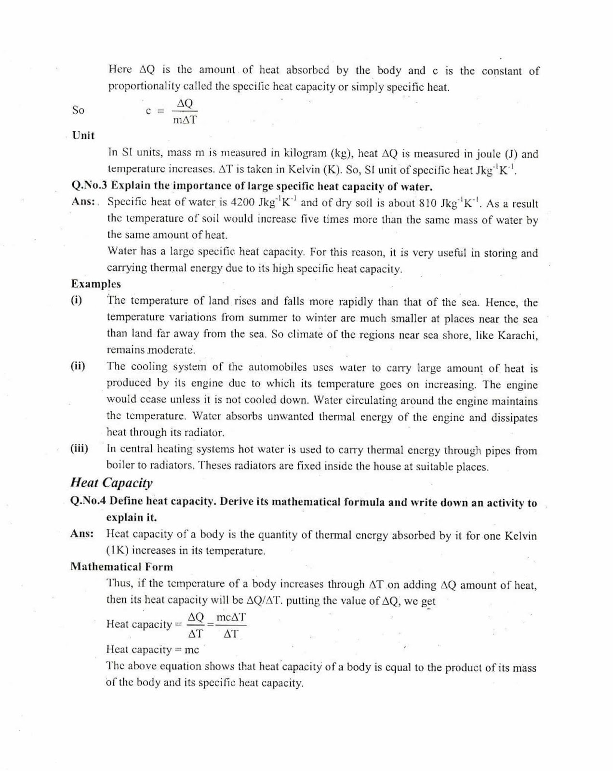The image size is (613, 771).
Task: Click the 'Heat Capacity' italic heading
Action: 111,482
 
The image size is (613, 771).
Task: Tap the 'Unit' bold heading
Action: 83,135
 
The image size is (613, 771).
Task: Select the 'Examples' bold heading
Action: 96,284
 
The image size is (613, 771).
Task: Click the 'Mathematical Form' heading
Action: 121,567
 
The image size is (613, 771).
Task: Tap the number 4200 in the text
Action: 243,202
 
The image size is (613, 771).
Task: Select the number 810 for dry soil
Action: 427,203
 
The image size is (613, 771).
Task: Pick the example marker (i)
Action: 76,301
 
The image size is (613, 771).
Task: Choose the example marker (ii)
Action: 78,366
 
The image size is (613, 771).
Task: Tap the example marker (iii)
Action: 79,449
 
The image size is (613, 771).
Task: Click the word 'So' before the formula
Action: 78,110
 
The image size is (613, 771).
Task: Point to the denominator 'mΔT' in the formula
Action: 185,120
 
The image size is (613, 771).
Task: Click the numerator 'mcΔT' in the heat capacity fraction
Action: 231,617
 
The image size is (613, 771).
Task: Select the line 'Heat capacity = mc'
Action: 152,650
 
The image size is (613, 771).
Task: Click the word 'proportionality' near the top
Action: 143,87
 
